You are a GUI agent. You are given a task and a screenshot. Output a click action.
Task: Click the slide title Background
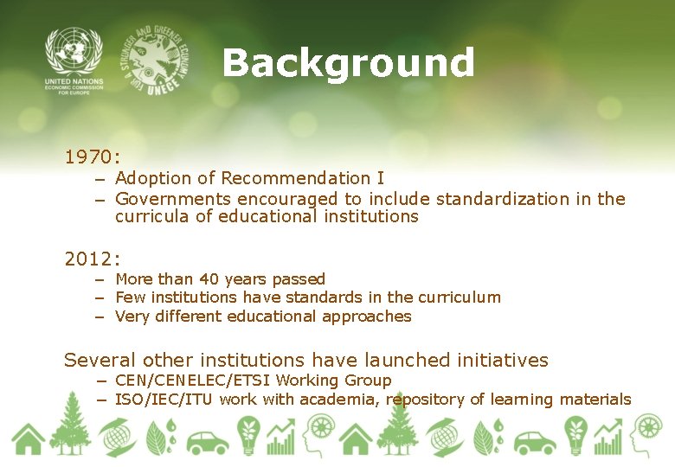coord(348,64)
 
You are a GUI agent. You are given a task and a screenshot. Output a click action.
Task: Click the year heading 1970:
coord(92,157)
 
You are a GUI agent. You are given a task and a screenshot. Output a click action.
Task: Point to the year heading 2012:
coord(92,258)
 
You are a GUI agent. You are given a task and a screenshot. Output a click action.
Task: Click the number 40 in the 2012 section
coord(209,278)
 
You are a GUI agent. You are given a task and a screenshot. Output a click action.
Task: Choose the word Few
coord(130,297)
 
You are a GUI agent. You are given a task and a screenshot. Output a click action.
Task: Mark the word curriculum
coord(459,297)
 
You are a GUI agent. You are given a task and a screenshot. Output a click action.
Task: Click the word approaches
coord(368,317)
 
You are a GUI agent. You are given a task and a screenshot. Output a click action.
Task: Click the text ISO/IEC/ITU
coord(164,400)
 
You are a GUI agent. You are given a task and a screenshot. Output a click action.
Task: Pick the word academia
coord(342,400)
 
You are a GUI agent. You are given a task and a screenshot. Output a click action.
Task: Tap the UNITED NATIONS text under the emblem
coord(74,82)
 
